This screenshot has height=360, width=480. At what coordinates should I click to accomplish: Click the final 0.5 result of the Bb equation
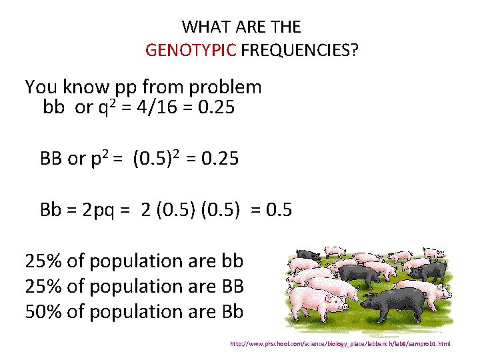point(279,210)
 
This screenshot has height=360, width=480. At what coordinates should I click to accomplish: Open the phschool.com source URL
point(340,344)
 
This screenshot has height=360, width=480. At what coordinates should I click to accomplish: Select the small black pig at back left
point(307,255)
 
